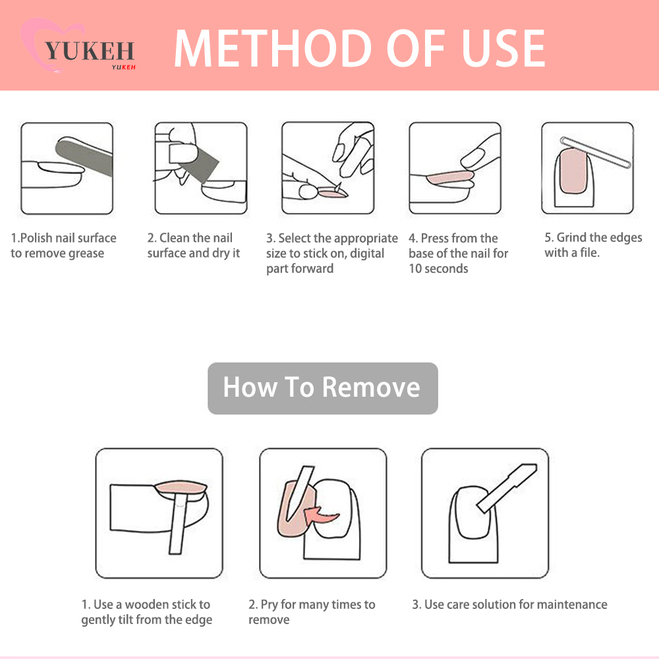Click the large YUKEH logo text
click(x=89, y=51)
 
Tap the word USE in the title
click(x=503, y=48)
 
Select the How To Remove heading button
click(x=323, y=388)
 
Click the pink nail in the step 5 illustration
click(x=573, y=171)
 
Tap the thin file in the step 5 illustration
click(x=596, y=152)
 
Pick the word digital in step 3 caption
click(x=367, y=254)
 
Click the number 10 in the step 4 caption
click(x=415, y=269)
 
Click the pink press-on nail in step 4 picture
click(x=450, y=178)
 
